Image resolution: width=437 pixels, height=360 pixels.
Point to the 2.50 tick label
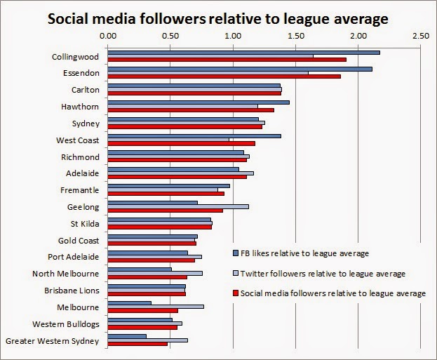(x=421, y=34)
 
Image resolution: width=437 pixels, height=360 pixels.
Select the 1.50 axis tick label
(x=295, y=34)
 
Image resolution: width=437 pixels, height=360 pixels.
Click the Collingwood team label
(x=75, y=56)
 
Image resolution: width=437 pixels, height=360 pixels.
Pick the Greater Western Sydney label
(x=52, y=340)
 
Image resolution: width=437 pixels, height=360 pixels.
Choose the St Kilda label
(x=85, y=223)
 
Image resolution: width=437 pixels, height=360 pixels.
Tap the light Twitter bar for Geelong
(x=177, y=206)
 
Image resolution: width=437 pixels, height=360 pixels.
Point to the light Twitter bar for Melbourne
(x=155, y=307)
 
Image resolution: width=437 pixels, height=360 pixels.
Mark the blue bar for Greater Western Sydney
(x=126, y=336)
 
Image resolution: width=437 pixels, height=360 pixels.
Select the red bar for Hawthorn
(x=190, y=110)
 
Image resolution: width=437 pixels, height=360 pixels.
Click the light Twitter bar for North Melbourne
(x=154, y=273)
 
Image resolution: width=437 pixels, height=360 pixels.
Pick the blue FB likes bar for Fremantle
(x=168, y=185)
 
